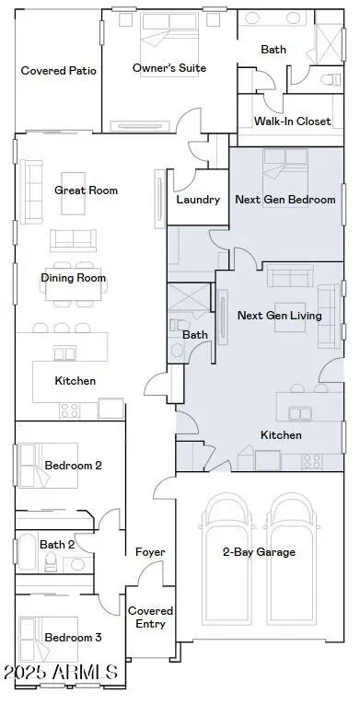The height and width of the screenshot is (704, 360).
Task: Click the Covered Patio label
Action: [58, 71]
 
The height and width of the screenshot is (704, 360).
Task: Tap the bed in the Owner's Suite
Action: [169, 44]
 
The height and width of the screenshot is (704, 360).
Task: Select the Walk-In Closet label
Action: [292, 121]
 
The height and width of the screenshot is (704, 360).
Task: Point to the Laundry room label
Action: [198, 200]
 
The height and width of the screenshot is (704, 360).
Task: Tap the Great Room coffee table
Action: [74, 193]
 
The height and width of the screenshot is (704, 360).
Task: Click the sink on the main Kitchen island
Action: [64, 353]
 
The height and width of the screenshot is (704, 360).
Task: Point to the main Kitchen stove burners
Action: [70, 410]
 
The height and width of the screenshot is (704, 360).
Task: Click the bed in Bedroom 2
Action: [49, 465]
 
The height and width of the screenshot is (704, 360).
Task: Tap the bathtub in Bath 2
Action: [27, 551]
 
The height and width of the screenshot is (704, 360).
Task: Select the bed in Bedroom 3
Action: [49, 639]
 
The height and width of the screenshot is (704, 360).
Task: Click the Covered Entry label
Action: [150, 617]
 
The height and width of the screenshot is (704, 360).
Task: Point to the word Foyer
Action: [150, 552]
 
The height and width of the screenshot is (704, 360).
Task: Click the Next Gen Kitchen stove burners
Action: [312, 461]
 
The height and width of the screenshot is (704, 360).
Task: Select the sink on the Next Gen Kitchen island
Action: [300, 413]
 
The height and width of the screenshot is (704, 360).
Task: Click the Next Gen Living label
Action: [280, 316]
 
